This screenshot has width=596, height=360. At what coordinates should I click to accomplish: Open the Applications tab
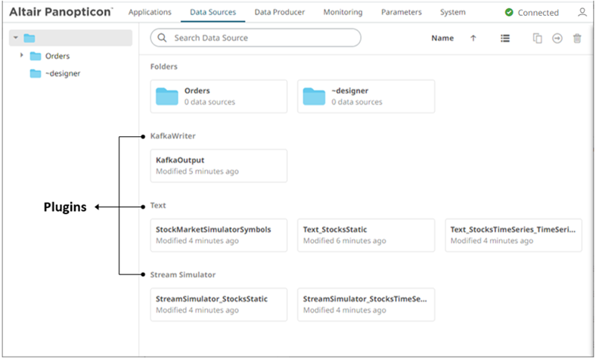click(x=150, y=12)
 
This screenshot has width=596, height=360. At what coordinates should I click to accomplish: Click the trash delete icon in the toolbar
click(x=577, y=39)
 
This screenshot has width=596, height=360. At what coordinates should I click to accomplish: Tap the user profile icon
click(x=582, y=13)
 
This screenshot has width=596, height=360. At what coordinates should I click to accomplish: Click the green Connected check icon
click(x=509, y=13)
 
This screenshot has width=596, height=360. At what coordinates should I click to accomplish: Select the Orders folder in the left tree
click(x=57, y=56)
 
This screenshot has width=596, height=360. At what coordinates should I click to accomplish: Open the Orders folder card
click(x=219, y=96)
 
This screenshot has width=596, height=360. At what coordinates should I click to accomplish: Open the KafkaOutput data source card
click(x=219, y=166)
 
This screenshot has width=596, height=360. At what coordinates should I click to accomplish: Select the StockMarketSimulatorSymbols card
click(x=219, y=234)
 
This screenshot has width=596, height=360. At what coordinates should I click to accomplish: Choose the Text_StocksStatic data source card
click(x=366, y=234)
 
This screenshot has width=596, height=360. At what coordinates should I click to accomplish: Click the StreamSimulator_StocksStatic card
click(x=219, y=304)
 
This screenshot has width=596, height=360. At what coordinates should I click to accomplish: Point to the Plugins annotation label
click(x=64, y=206)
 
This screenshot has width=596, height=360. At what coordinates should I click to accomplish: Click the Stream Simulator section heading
click(x=178, y=275)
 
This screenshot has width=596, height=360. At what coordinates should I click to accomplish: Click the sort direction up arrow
click(x=473, y=39)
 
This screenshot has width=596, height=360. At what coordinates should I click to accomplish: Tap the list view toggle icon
click(x=505, y=39)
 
